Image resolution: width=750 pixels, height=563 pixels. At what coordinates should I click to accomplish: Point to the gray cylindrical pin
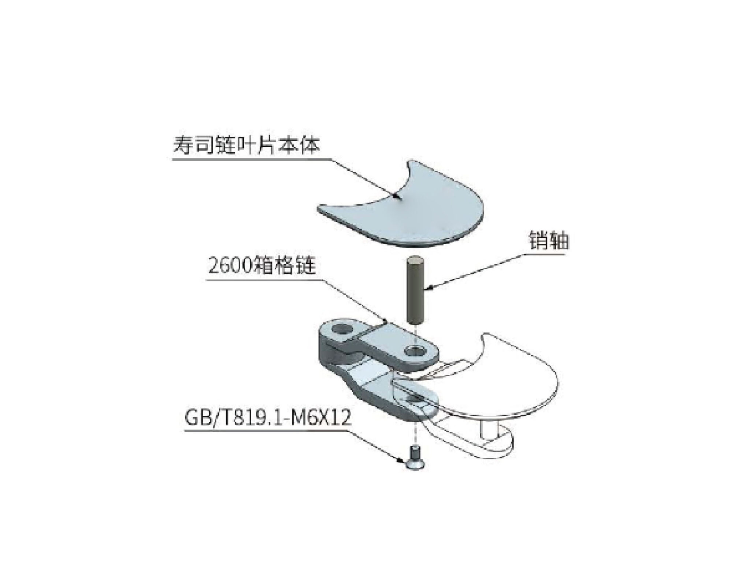[x=416, y=290]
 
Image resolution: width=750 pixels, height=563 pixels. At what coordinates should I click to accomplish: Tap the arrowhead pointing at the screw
[x=402, y=459]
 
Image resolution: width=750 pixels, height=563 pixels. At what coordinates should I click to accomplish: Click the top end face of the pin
[x=416, y=260]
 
